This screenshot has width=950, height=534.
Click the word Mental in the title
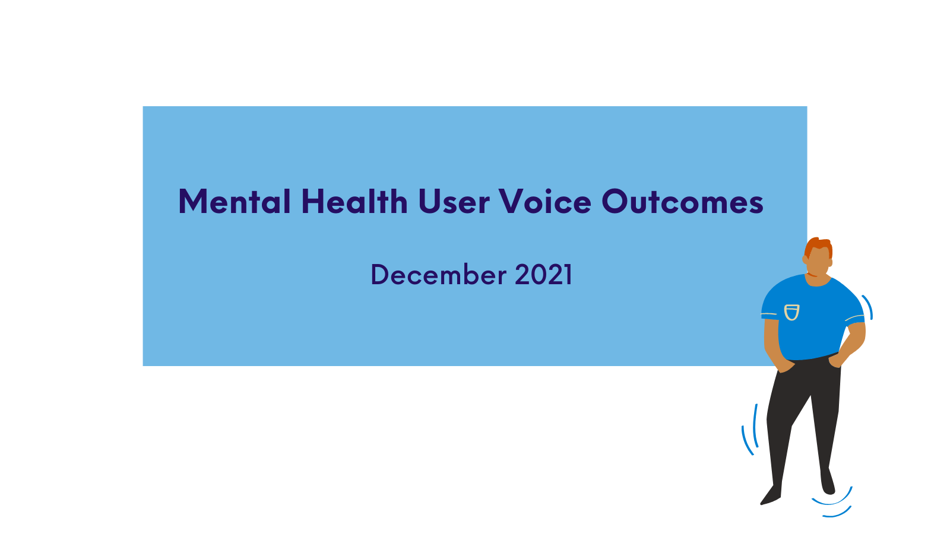click(x=235, y=201)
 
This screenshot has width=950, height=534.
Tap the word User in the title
click(x=454, y=201)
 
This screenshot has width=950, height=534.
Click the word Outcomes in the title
click(x=682, y=201)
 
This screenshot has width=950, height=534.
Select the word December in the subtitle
click(x=439, y=275)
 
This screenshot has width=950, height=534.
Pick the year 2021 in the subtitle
click(x=544, y=275)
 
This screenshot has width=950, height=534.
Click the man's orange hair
click(x=819, y=247)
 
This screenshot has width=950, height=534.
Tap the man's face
click(x=819, y=263)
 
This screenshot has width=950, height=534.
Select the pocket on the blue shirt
click(x=791, y=312)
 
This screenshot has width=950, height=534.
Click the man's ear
click(x=805, y=259)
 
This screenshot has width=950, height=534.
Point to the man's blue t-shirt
click(x=812, y=318)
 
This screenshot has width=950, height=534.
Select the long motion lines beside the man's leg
click(x=750, y=430)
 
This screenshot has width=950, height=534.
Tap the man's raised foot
click(x=828, y=482)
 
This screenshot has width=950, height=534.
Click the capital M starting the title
click(x=193, y=201)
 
